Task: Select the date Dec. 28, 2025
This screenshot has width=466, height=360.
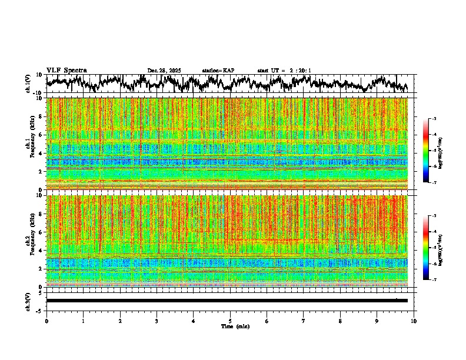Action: (164, 71)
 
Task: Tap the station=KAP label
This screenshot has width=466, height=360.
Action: (218, 71)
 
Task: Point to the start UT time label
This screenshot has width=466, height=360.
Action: (284, 71)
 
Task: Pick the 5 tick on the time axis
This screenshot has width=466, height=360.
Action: (230, 321)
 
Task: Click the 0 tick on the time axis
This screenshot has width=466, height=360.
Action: (46, 321)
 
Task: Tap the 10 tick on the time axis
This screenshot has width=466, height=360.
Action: (414, 321)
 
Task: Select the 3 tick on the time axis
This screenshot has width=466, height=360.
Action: (157, 321)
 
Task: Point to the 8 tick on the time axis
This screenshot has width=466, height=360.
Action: (340, 321)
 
